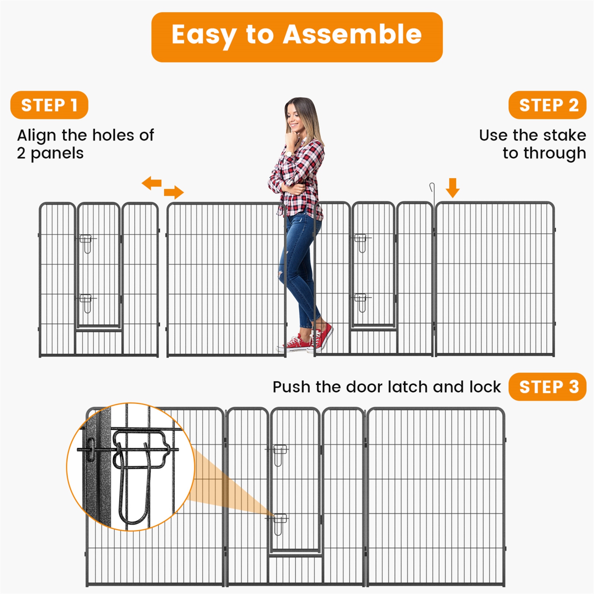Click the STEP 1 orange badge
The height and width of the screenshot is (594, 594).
49,105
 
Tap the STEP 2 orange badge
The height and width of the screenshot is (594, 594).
547,105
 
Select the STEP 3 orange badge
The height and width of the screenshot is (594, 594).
547,387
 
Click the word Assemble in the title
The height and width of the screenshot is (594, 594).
352,35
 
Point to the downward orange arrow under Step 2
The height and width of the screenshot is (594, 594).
452,188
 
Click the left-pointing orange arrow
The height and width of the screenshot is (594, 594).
152,183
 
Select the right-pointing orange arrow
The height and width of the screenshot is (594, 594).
174,193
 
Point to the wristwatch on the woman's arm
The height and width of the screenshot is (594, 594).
289,154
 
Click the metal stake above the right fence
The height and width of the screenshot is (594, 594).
433,194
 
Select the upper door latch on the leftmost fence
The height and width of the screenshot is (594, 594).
86,243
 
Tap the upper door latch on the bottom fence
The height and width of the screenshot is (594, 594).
279,454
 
